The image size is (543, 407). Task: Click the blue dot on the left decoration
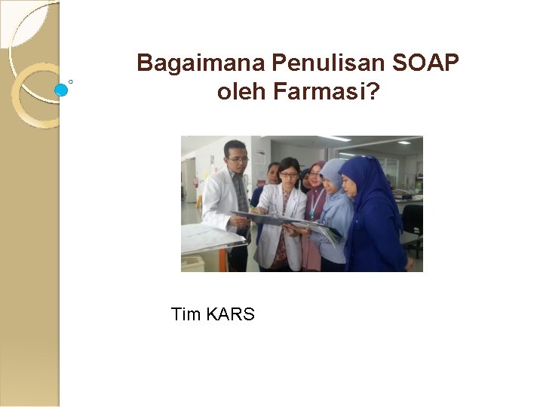point(61,90)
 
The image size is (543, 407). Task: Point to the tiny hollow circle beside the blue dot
point(71,81)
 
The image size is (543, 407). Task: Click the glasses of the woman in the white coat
point(288,175)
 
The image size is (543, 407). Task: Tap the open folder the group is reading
point(287,221)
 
